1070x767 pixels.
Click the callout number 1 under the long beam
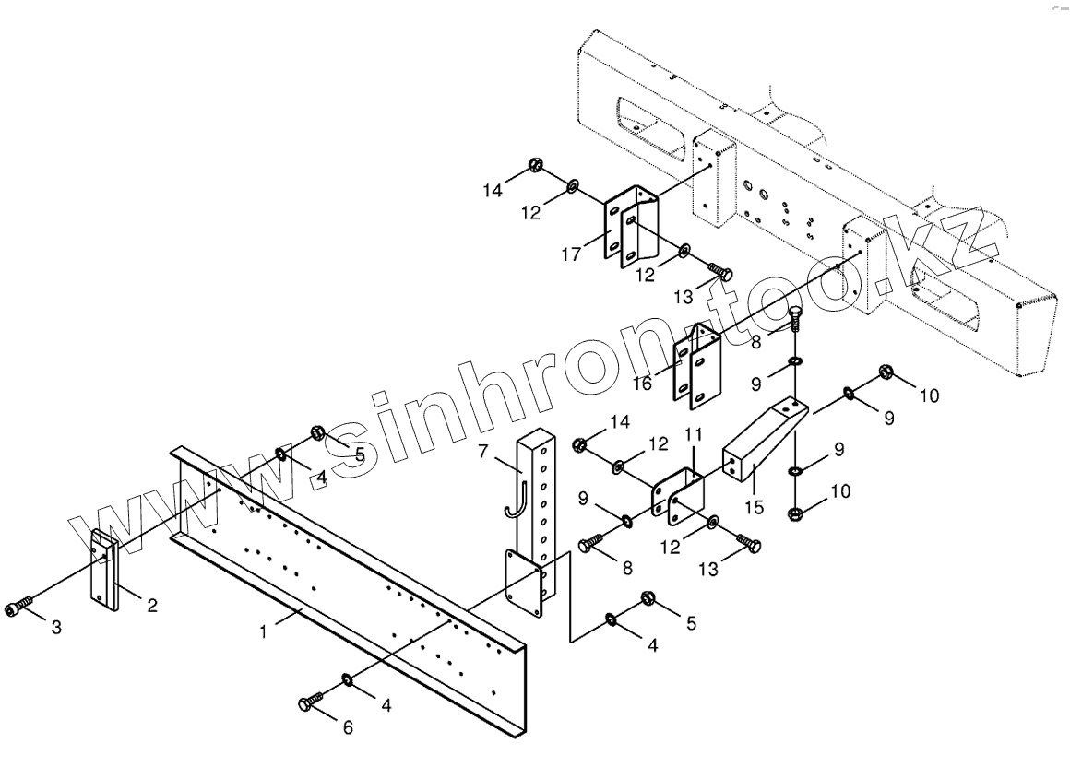click(264, 633)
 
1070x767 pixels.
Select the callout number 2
click(152, 606)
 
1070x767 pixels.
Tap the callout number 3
click(56, 629)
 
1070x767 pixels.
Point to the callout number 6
click(348, 727)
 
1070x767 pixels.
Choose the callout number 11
click(693, 432)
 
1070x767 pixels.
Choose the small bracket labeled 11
click(677, 494)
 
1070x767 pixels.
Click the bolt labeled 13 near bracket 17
click(719, 271)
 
